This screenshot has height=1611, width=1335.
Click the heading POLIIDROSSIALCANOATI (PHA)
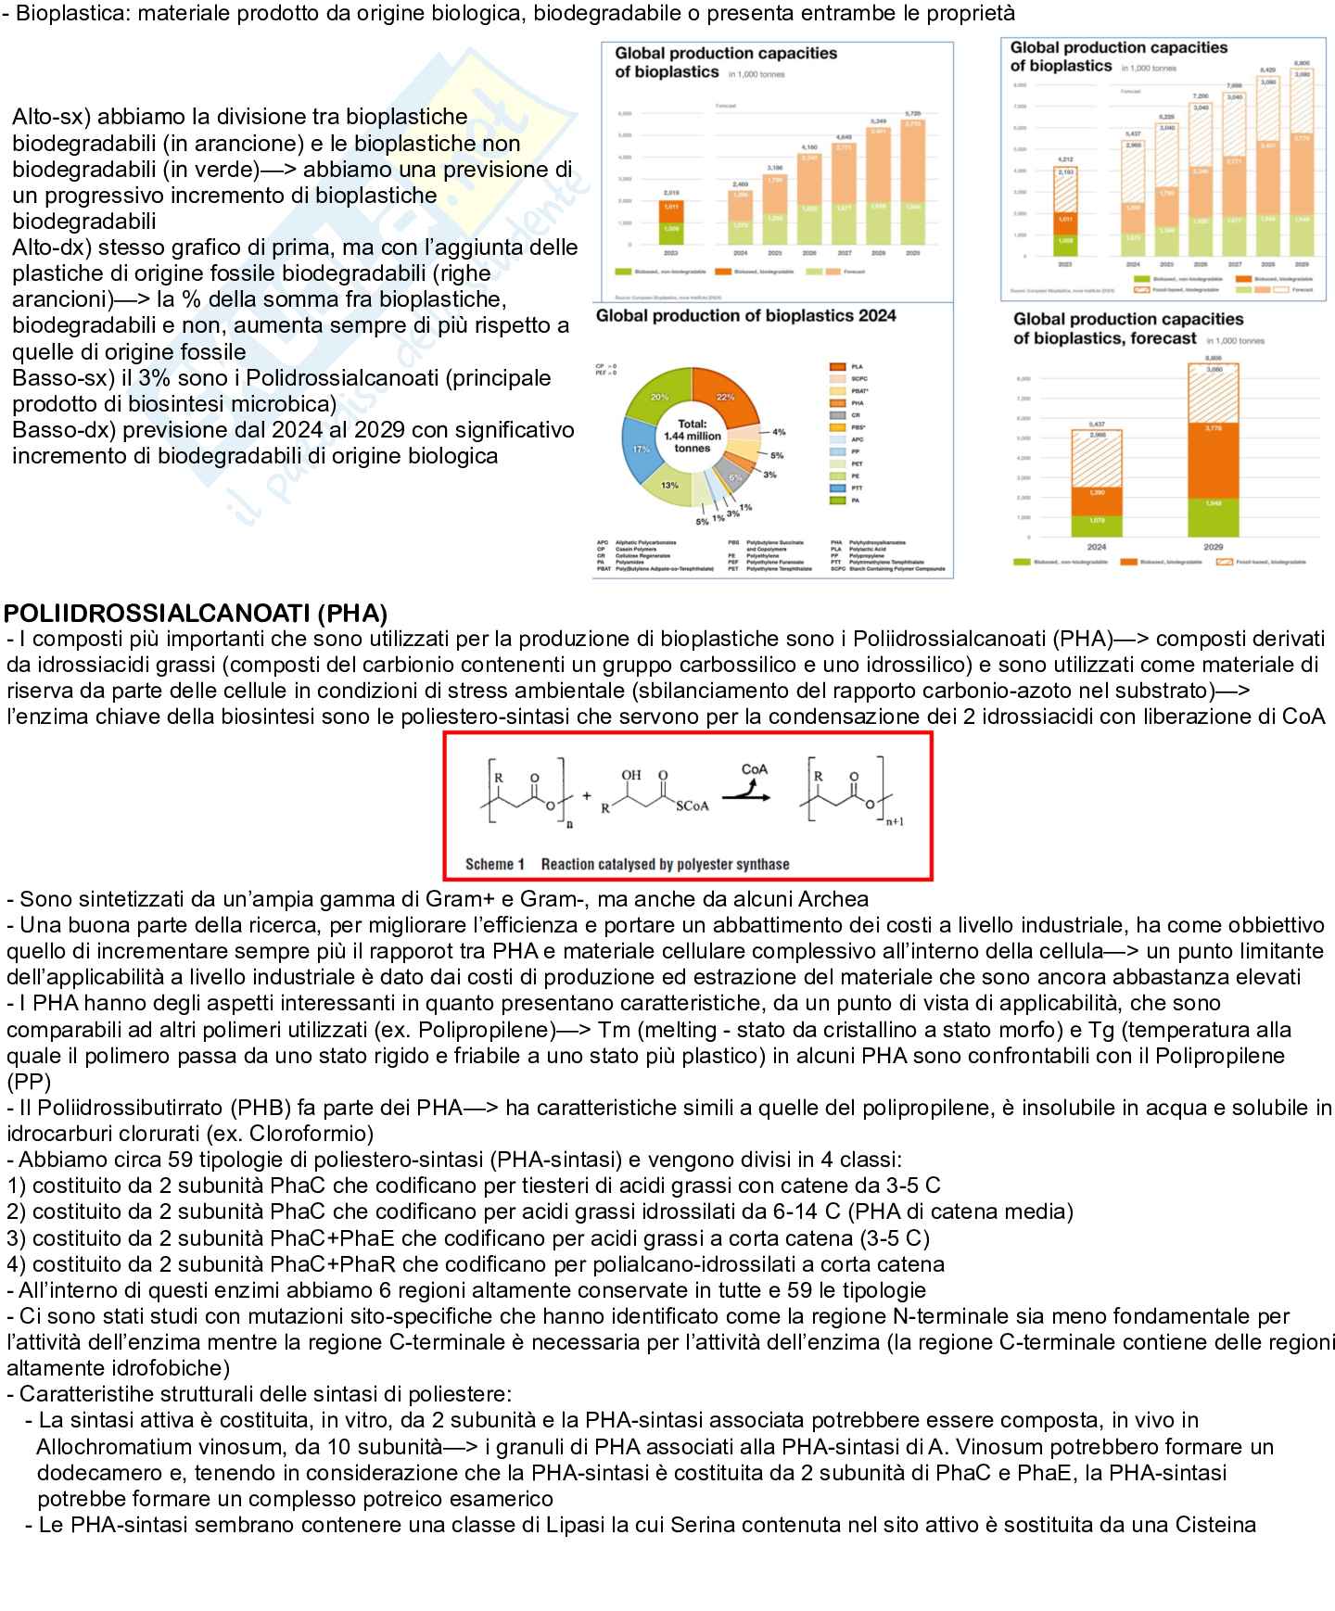(196, 614)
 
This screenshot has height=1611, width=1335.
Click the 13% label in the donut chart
(669, 485)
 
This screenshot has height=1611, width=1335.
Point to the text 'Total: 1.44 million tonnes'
(693, 436)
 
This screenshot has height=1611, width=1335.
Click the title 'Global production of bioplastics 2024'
(745, 316)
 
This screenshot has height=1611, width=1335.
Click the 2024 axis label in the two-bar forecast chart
(1097, 547)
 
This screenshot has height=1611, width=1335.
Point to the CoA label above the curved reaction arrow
(754, 769)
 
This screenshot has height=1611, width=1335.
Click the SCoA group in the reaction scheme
(692, 806)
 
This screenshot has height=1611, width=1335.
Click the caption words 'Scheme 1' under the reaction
(495, 864)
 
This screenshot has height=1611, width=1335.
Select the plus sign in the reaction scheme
(586, 796)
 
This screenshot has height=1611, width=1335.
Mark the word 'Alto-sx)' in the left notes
(51, 117)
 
